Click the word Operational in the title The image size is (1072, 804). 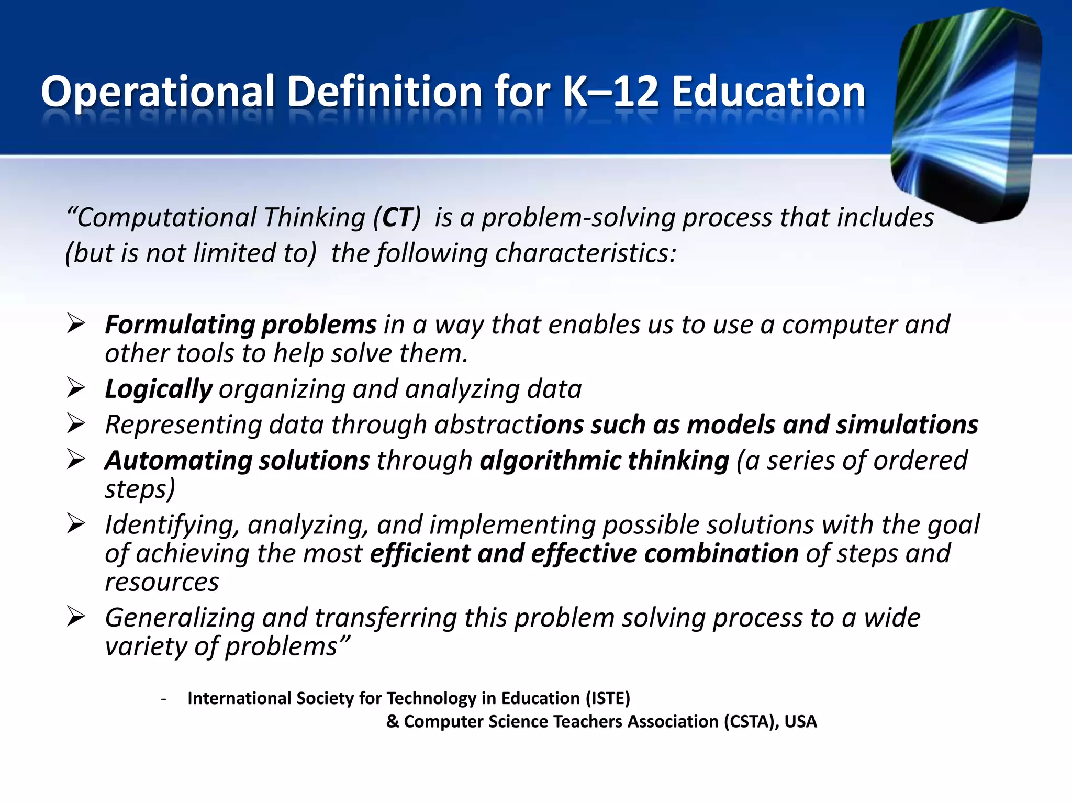pyautogui.click(x=158, y=92)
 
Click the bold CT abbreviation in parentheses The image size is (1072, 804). pyautogui.click(x=398, y=218)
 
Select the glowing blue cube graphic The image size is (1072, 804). pyautogui.click(x=966, y=115)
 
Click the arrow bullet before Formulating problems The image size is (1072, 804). pyautogui.click(x=76, y=324)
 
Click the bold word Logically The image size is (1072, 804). pyautogui.click(x=158, y=389)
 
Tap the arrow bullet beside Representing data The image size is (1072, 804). pyautogui.click(x=76, y=423)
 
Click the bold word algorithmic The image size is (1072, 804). pyautogui.click(x=550, y=461)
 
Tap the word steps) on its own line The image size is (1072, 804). pyautogui.click(x=140, y=490)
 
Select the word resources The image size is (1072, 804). pyautogui.click(x=162, y=582)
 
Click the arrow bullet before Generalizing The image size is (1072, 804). pyautogui.click(x=76, y=617)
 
